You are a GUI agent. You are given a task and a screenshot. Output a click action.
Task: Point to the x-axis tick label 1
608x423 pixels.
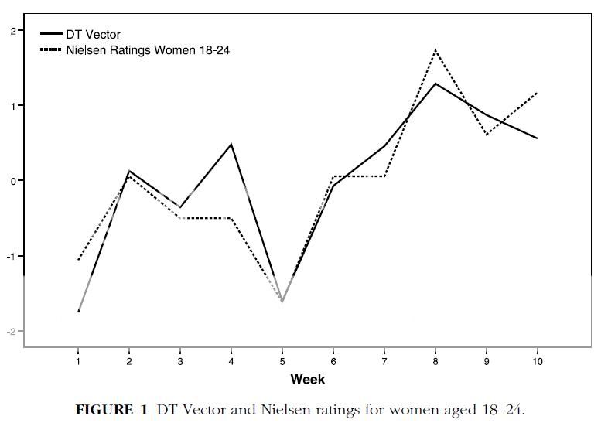(78, 361)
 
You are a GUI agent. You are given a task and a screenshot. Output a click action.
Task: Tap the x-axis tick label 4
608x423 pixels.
(231, 361)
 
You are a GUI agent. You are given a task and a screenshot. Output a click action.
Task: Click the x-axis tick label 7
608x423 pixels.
(384, 361)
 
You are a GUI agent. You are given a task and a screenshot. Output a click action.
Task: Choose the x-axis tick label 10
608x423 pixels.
(538, 361)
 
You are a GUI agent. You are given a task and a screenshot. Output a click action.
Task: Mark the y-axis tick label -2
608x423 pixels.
(12, 331)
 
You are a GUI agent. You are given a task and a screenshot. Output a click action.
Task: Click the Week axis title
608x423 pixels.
(307, 379)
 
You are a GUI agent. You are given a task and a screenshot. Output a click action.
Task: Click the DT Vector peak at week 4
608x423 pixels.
(231, 144)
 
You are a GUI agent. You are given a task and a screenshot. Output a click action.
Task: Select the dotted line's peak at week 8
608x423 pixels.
(436, 50)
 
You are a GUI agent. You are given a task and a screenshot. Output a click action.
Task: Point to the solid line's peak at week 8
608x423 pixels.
(436, 84)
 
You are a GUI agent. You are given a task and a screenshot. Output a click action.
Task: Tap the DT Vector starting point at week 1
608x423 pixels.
(78, 311)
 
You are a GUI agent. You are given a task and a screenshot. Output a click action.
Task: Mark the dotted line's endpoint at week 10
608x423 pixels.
(537, 93)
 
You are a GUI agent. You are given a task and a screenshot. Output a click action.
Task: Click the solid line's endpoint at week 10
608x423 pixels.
(537, 138)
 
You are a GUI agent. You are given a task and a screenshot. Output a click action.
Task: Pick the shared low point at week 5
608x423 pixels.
(282, 302)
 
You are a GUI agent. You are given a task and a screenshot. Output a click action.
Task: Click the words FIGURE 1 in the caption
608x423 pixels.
(104, 409)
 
